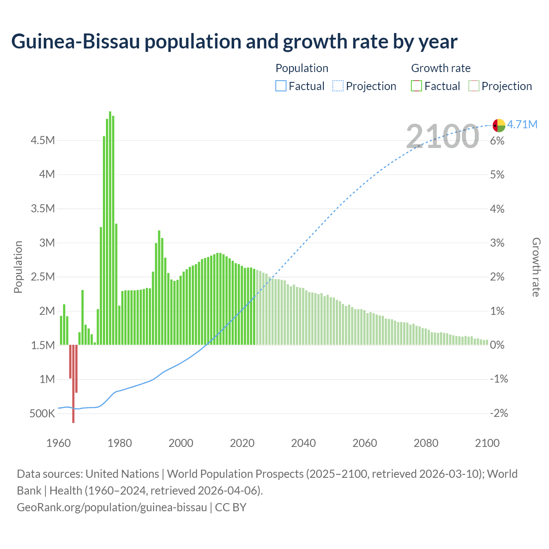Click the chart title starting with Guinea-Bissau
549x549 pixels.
click(234, 42)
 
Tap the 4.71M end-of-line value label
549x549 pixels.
click(522, 124)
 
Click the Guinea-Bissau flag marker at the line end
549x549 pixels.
click(499, 125)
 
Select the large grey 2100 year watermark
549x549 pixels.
click(442, 136)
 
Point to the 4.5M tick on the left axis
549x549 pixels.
click(42, 141)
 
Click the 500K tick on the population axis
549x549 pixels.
click(42, 414)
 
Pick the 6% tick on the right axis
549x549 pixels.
click(497, 141)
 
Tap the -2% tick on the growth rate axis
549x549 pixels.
click(498, 413)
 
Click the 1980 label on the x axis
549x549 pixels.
click(120, 443)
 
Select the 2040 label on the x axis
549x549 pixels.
click(303, 443)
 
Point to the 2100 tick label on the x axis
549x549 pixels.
click(487, 443)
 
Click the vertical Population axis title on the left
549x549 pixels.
click(18, 267)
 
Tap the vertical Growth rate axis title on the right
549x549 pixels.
click(536, 267)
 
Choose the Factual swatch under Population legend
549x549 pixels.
click(281, 86)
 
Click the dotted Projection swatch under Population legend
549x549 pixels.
click(338, 86)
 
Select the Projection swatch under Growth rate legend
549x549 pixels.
click(474, 86)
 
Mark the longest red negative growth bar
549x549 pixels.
click(73, 383)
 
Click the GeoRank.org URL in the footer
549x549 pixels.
click(112, 507)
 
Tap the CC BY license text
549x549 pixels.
click(231, 507)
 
